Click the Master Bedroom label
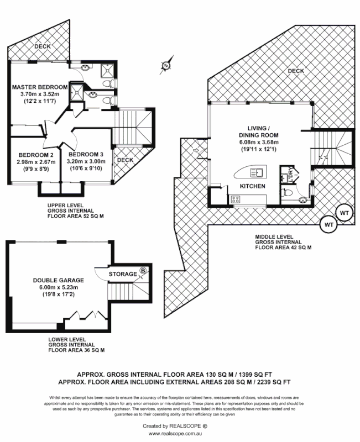pyautogui.click(x=40, y=87)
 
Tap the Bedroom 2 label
pyautogui.click(x=35, y=155)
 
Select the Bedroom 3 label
pyautogui.click(x=86, y=155)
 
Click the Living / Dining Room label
pyautogui.click(x=258, y=132)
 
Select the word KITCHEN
pyautogui.click(x=253, y=187)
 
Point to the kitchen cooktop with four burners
pyautogui.click(x=235, y=200)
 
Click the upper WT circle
pyautogui.click(x=344, y=213)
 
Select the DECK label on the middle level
pyautogui.click(x=296, y=71)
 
